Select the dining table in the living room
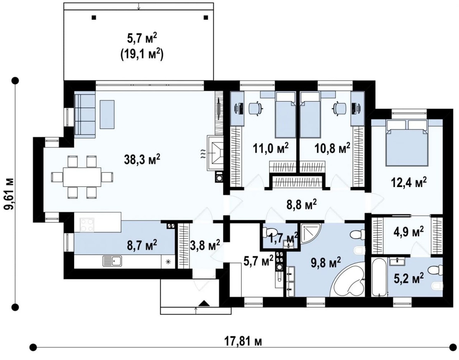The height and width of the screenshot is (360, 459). (x=82, y=177)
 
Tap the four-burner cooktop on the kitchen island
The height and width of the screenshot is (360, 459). (x=87, y=225)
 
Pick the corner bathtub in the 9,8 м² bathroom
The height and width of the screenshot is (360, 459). (x=347, y=279)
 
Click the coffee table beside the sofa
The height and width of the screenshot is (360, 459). (x=107, y=114)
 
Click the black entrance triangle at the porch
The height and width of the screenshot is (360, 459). (x=204, y=303)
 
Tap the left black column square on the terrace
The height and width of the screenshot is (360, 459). (x=94, y=18)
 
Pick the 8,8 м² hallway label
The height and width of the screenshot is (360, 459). (x=301, y=205)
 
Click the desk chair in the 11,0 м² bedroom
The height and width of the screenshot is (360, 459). (x=256, y=109)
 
